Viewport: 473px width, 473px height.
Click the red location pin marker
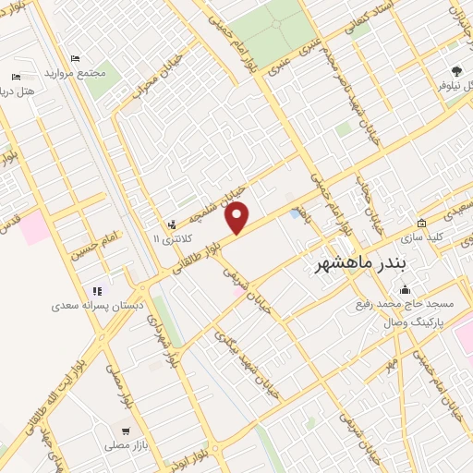pos(237,216)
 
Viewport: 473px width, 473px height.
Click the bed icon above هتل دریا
pos(16,78)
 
